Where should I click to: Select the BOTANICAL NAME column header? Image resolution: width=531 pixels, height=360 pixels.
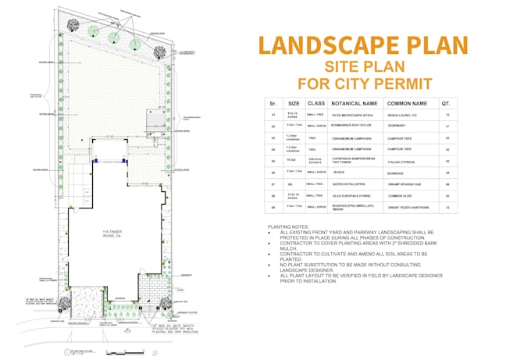point(354,102)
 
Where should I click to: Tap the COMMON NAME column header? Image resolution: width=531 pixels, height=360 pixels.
point(408,102)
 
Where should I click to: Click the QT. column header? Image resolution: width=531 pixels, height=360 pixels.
point(445,102)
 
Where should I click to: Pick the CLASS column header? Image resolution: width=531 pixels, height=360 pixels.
point(315,102)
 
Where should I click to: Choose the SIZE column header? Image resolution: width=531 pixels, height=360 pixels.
point(294,102)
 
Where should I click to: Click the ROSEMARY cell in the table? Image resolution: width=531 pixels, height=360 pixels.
point(398,125)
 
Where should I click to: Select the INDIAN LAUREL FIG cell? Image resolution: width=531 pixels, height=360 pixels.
point(403,114)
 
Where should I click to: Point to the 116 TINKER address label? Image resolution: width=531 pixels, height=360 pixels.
point(113,233)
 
